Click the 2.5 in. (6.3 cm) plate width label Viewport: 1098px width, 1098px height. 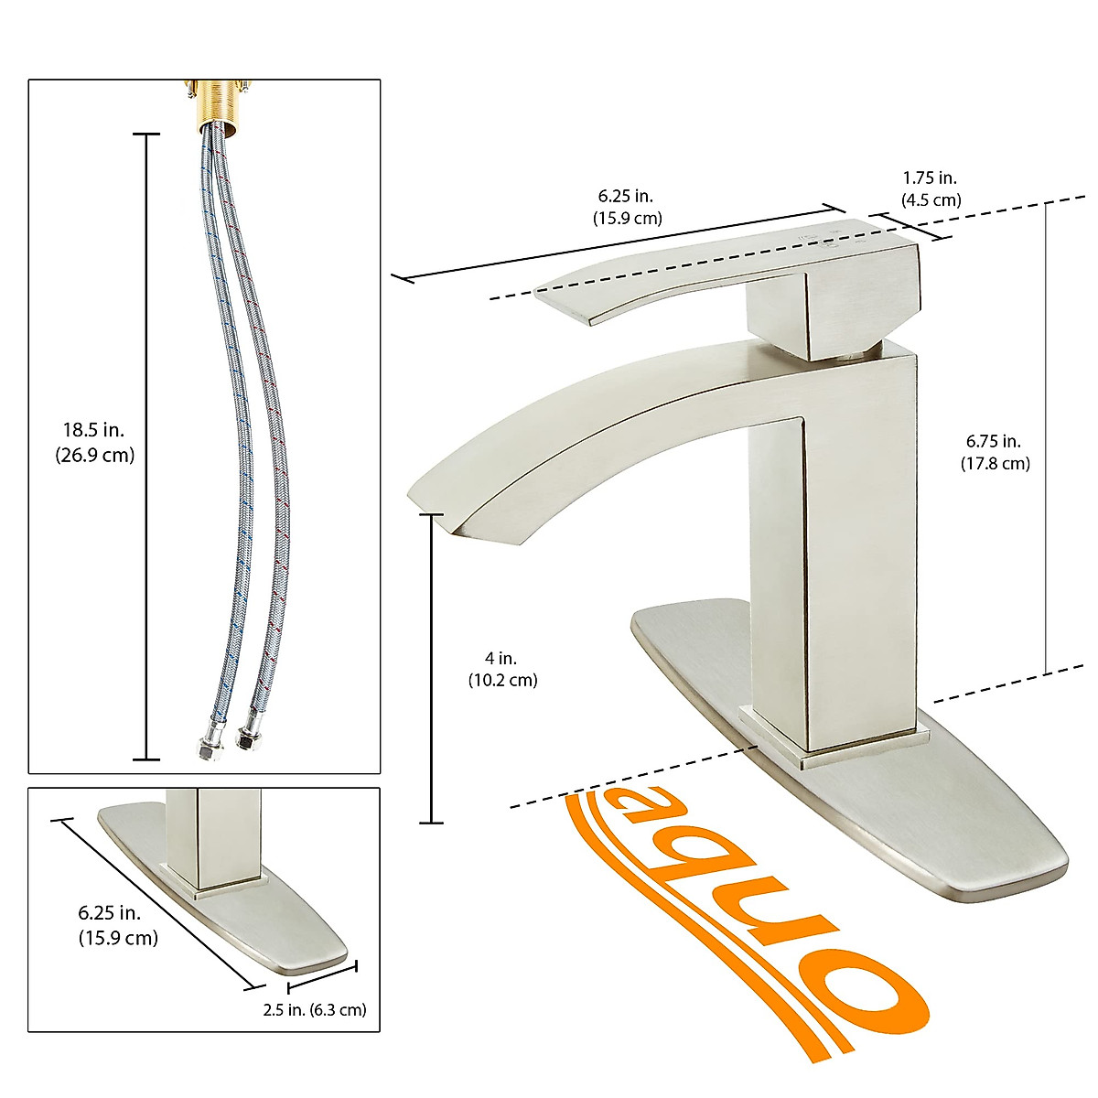[314, 1010]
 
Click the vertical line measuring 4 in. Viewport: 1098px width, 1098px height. [431, 668]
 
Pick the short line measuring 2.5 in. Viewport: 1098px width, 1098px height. [322, 975]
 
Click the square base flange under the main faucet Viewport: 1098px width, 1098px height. [834, 737]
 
